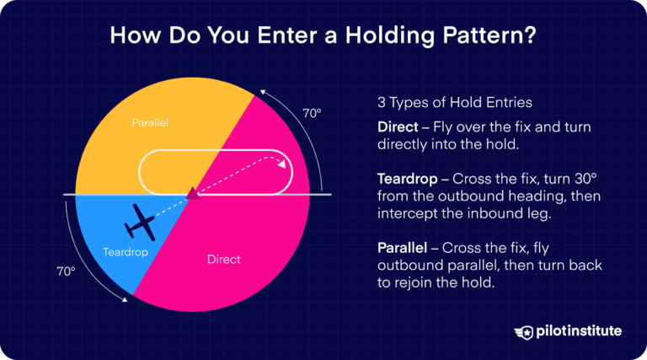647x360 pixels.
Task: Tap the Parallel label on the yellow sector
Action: point(150,123)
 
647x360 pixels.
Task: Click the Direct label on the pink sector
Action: point(223,259)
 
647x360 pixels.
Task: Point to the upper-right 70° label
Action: point(312,112)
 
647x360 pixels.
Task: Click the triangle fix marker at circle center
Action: point(192,194)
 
